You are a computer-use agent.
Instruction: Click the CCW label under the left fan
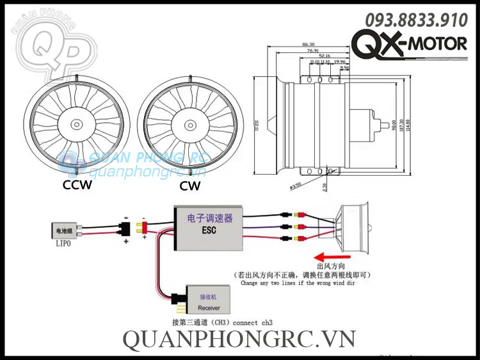(77, 185)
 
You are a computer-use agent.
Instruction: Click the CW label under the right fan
(190, 186)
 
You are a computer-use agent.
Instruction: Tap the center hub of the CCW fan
(77, 124)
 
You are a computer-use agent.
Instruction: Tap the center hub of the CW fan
(189, 124)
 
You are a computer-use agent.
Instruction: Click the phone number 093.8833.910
(416, 20)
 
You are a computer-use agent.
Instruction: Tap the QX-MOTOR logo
(410, 45)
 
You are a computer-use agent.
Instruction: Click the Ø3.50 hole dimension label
(296, 187)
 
